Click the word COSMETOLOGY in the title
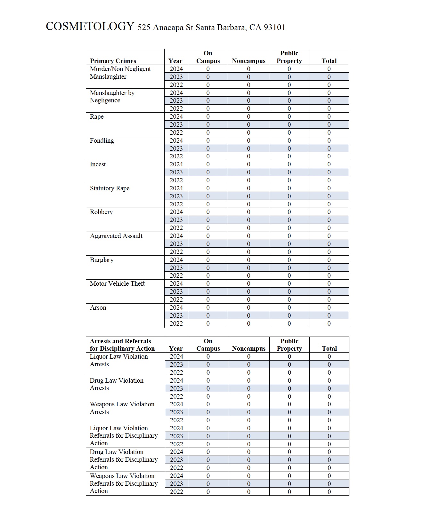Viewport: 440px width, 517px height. click(90, 26)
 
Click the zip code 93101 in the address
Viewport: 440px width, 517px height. click(274, 28)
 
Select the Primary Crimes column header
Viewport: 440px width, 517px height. click(113, 61)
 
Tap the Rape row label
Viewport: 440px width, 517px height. click(97, 117)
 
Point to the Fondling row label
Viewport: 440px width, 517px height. click(102, 140)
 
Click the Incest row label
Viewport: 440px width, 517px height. click(98, 164)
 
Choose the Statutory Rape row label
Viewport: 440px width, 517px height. click(110, 188)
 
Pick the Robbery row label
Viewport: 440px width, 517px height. click(101, 212)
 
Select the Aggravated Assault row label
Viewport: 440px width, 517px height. click(116, 236)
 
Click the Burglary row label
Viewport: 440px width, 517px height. click(102, 260)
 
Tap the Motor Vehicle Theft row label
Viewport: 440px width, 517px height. click(117, 284)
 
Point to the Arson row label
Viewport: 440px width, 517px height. click(98, 308)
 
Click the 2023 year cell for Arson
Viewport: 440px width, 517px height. click(176, 315)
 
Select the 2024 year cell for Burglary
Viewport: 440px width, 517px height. click(176, 260)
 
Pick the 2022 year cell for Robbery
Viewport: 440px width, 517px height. click(176, 228)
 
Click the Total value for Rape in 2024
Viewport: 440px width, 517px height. click(329, 117)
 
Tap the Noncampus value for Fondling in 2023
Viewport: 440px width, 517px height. click(249, 148)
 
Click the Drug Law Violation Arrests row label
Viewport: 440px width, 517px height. click(117, 384)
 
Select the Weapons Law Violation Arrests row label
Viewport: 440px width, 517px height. click(122, 408)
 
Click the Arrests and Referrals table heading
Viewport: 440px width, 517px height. click(122, 345)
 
